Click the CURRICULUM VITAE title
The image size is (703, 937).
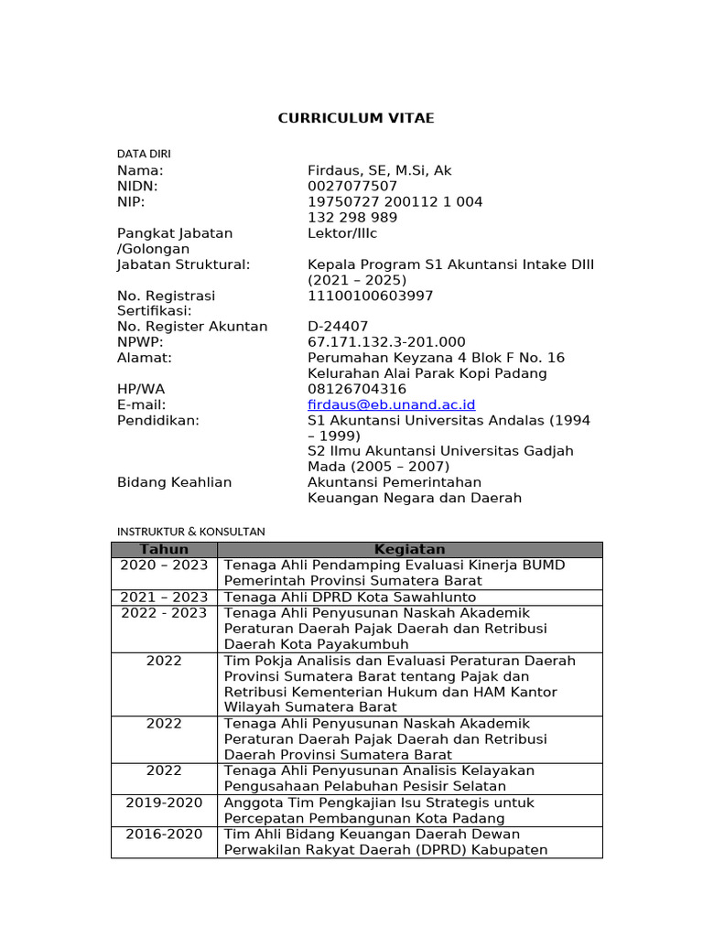point(343,118)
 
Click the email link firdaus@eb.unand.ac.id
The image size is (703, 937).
point(391,404)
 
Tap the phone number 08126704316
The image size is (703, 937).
point(357,389)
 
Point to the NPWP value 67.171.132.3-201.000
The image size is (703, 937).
point(386,341)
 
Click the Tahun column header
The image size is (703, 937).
point(164,549)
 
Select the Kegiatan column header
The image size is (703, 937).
point(409,549)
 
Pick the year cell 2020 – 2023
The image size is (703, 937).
point(164,565)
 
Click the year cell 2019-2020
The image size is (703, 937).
point(164,802)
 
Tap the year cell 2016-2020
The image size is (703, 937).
point(164,835)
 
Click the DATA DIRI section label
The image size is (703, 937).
point(144,154)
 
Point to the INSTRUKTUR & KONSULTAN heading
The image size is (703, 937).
point(191,531)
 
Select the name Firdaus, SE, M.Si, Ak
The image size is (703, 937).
point(379,170)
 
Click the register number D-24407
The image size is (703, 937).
point(338,326)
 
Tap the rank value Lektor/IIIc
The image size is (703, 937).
point(349,233)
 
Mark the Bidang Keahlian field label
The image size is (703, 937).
point(175,482)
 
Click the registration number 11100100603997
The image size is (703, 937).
point(371,296)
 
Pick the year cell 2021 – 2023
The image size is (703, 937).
point(164,597)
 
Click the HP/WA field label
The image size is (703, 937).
point(141,389)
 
